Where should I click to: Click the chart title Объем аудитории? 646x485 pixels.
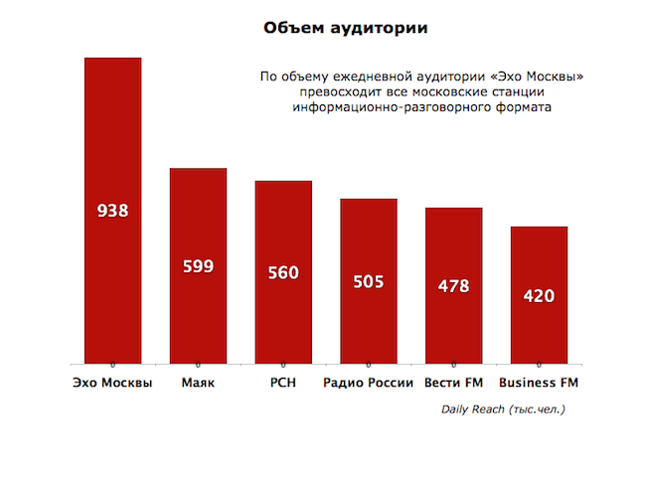pyautogui.click(x=346, y=28)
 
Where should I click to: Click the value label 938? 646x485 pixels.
pyautogui.click(x=113, y=211)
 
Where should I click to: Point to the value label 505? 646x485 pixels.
pyautogui.click(x=369, y=281)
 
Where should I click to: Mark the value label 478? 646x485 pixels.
pyautogui.click(x=453, y=286)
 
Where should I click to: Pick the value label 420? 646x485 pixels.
pyautogui.click(x=539, y=295)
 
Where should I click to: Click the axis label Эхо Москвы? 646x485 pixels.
pyautogui.click(x=113, y=384)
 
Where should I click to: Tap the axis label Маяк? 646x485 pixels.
pyautogui.click(x=199, y=384)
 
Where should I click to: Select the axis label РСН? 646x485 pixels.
pyautogui.click(x=283, y=384)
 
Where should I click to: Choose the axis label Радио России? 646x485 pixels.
pyautogui.click(x=369, y=384)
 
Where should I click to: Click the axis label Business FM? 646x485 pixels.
pyautogui.click(x=539, y=384)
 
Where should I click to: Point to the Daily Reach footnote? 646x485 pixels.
pyautogui.click(x=503, y=408)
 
